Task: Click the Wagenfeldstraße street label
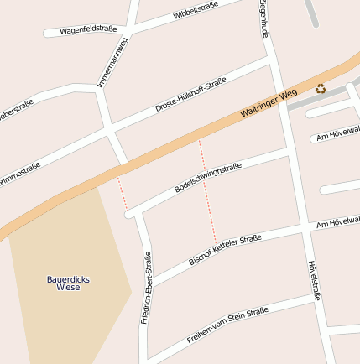(x=88, y=30)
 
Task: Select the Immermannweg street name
(x=113, y=62)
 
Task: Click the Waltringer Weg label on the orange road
(x=269, y=107)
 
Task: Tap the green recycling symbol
(x=320, y=89)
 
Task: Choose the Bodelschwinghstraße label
(x=208, y=179)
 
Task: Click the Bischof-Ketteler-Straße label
(x=225, y=249)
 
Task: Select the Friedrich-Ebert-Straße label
(x=147, y=288)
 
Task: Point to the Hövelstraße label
(x=315, y=280)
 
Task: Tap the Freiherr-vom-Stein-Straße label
(x=227, y=324)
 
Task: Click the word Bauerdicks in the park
(x=68, y=278)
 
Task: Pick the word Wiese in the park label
(x=68, y=288)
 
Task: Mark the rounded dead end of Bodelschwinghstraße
(x=130, y=215)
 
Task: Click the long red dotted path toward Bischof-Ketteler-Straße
(x=208, y=193)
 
